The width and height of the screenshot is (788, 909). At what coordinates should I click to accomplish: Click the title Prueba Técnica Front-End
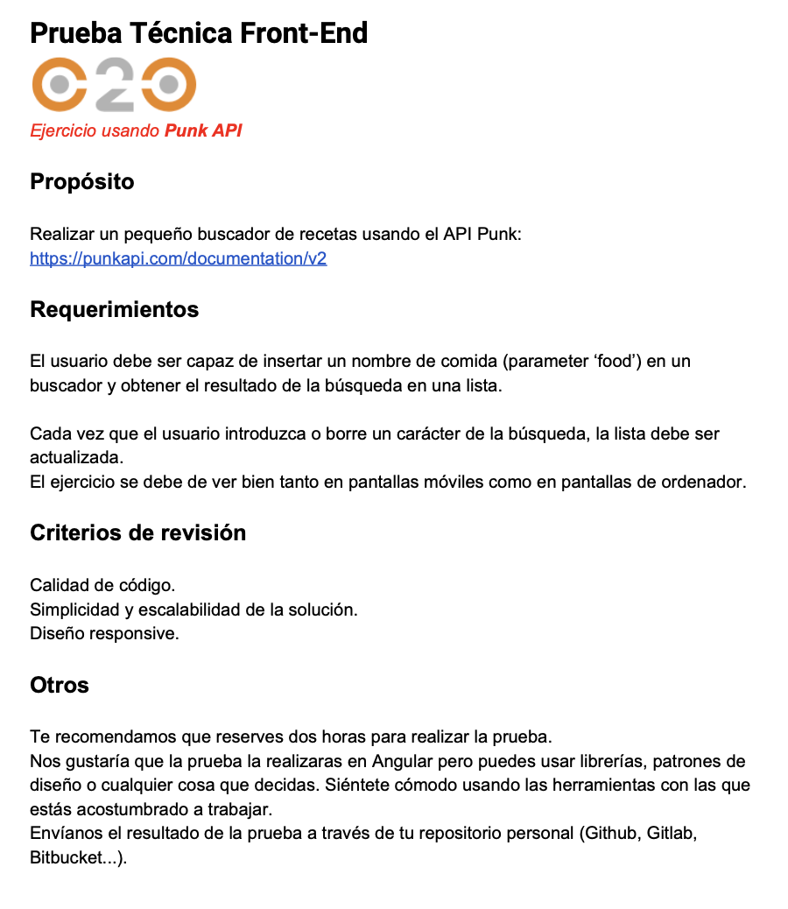[199, 33]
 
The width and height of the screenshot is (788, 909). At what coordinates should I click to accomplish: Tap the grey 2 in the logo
[115, 86]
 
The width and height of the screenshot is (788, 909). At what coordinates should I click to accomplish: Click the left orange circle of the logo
[60, 86]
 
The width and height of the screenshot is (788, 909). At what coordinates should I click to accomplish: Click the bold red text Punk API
[203, 131]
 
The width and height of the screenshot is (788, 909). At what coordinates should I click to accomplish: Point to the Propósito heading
[82, 182]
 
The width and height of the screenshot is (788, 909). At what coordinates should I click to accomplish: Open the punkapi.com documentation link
[178, 259]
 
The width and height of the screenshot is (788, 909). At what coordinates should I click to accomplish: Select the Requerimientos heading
[114, 310]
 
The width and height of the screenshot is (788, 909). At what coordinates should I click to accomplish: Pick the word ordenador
[708, 483]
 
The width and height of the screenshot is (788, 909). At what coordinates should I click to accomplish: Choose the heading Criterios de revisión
[137, 532]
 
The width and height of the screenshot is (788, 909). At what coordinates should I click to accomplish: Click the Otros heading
[60, 685]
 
